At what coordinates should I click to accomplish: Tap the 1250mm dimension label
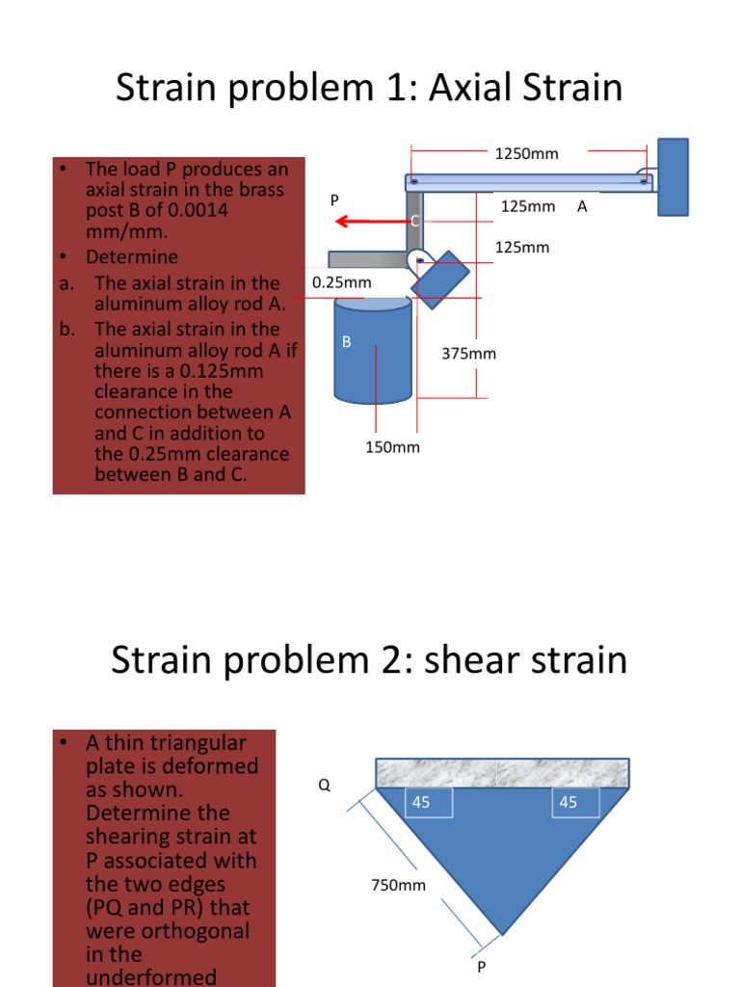(526, 153)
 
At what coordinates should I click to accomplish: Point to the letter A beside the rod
(581, 206)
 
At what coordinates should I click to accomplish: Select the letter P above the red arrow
(334, 200)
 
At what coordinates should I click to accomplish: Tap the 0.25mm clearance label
(342, 282)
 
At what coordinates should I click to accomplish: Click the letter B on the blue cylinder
(347, 341)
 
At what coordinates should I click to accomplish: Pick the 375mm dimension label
(469, 354)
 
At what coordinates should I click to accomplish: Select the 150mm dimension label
(392, 447)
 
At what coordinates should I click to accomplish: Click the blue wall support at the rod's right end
(674, 176)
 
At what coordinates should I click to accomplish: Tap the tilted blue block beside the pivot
(440, 279)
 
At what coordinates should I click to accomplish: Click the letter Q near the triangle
(324, 785)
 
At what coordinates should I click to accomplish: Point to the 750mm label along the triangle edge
(398, 885)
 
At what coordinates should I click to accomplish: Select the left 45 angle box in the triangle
(428, 802)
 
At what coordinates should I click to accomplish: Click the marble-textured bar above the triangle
(501, 772)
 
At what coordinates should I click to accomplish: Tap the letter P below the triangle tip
(482, 967)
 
